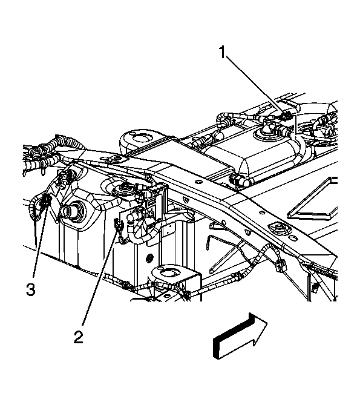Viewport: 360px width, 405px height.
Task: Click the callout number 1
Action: pos(223,53)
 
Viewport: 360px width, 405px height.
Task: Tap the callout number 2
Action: pos(79,337)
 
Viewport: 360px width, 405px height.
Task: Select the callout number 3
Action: pos(30,289)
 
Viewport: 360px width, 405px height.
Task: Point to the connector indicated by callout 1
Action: pos(285,117)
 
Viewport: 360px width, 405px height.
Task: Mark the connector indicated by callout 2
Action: pos(118,224)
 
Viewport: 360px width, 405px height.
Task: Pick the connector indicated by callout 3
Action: pos(45,200)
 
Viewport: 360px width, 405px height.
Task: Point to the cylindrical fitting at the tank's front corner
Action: pos(239,180)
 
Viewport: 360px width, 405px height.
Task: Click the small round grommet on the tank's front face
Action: pos(149,258)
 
